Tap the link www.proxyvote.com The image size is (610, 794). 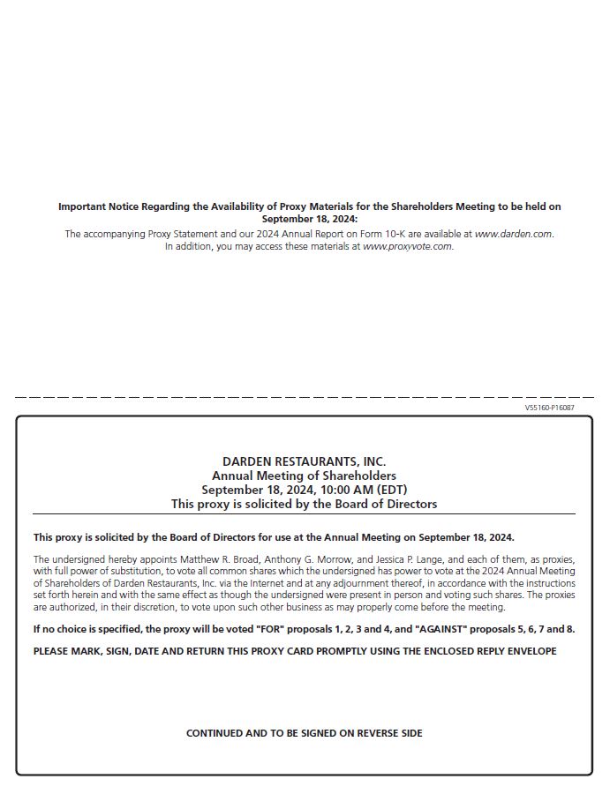pos(407,246)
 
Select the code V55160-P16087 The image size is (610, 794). pos(549,408)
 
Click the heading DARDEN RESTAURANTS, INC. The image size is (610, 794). pos(305,461)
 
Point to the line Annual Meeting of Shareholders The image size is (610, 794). pos(305,476)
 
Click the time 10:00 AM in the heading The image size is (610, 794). pos(341,490)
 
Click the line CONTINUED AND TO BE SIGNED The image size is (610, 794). pos(305,733)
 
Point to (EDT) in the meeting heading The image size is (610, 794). pos(392,490)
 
